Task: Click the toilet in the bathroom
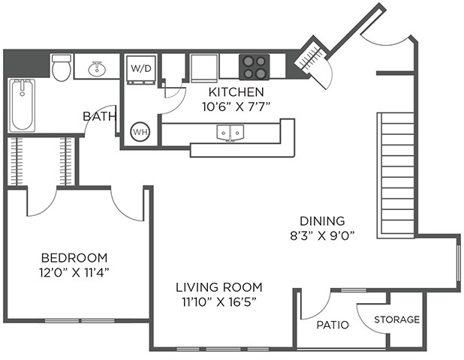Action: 62,67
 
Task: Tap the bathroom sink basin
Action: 97,69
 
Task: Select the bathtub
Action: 23,105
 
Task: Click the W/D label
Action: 141,68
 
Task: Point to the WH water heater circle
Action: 140,132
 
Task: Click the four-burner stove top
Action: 255,67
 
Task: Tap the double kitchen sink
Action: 230,133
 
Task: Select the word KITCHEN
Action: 237,92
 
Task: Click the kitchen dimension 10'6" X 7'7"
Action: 237,106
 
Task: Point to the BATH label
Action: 99,116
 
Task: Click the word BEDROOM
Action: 74,258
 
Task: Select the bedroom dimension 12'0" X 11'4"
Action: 74,272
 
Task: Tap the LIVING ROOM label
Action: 219,287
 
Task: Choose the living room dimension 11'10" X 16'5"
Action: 219,301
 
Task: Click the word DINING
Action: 322,221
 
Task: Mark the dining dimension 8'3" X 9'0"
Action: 322,235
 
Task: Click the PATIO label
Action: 333,325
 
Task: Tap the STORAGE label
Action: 397,319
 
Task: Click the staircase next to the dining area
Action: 396,175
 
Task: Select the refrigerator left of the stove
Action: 203,68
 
